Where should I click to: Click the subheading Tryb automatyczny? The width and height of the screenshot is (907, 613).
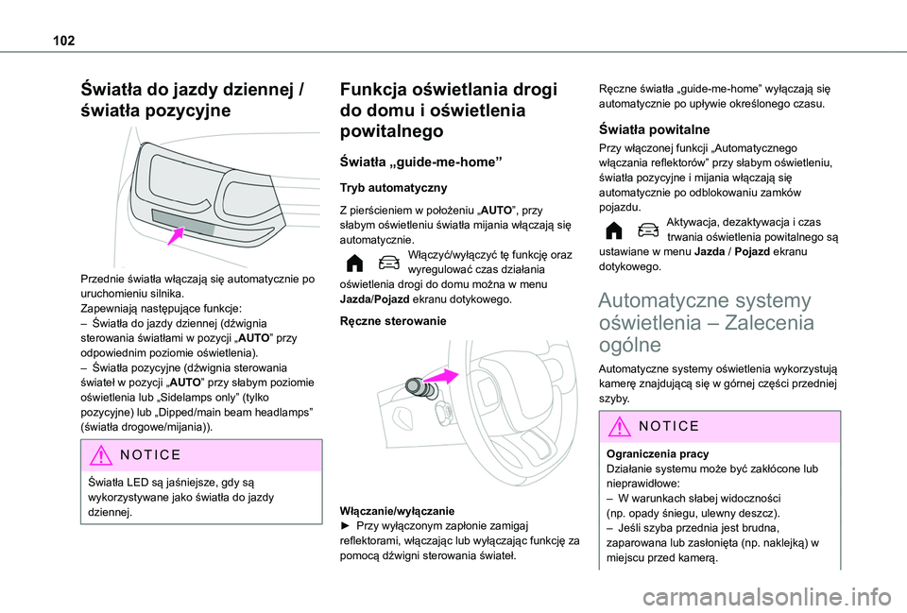click(381, 187)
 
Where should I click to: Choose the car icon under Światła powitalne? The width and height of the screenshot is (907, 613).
click(647, 230)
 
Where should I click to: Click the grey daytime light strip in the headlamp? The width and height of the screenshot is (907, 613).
click(189, 228)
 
